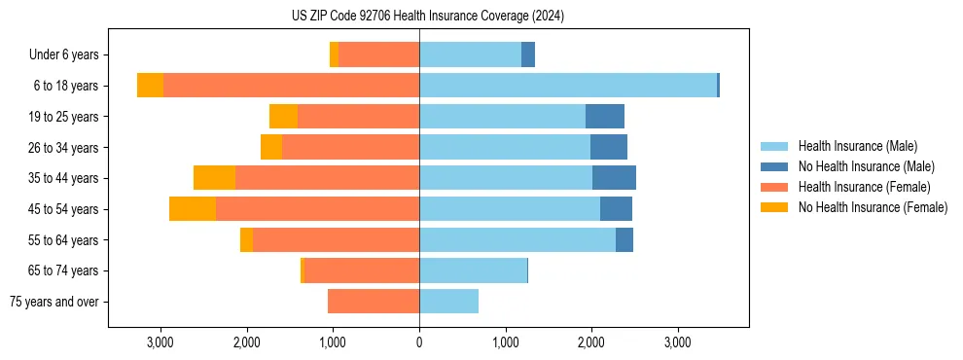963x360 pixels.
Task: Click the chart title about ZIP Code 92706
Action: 428,16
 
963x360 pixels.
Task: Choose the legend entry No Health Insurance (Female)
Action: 873,207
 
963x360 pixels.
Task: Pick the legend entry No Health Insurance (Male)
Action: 866,166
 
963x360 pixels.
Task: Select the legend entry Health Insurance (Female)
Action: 864,187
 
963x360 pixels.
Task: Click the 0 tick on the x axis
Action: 419,342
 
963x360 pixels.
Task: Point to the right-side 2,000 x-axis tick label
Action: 591,342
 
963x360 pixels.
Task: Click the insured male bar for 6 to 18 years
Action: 568,86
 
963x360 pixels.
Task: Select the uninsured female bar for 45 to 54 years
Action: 193,209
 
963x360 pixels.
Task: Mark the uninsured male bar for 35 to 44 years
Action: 614,178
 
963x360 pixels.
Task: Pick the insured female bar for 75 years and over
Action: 374,302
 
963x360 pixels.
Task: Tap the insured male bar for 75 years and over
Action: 448,302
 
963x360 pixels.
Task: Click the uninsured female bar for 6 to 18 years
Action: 150,86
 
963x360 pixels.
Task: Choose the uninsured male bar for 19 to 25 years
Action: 605,117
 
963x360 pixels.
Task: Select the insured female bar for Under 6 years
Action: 378,54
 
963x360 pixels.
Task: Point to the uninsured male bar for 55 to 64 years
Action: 624,239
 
